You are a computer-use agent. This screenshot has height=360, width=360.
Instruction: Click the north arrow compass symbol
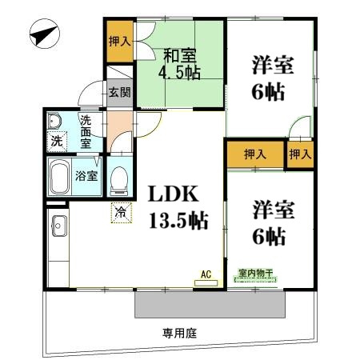[45, 34]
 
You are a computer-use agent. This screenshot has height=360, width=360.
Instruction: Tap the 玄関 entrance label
[120, 92]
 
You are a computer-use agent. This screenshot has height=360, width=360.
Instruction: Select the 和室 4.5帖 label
[179, 64]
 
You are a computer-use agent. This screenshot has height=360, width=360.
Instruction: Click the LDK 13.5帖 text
[178, 207]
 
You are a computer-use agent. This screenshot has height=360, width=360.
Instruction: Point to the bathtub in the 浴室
[60, 176]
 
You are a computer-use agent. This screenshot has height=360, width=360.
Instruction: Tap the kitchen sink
[59, 226]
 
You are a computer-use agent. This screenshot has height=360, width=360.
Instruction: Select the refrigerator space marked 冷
[122, 213]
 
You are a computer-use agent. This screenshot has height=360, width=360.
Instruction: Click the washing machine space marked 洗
[57, 142]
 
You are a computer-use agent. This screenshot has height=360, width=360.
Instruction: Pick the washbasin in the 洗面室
[54, 121]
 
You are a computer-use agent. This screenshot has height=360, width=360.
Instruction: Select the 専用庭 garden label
[179, 334]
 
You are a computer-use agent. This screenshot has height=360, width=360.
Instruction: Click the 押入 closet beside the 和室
[120, 42]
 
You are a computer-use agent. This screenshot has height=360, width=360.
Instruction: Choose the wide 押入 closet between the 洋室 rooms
[255, 154]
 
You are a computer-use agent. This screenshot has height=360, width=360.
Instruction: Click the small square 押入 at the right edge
[300, 154]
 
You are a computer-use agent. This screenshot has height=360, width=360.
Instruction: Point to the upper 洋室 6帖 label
[273, 78]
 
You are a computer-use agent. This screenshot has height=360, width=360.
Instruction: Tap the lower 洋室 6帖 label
[274, 223]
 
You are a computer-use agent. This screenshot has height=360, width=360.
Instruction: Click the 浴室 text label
[86, 176]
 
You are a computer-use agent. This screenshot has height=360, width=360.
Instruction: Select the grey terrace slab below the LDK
[210, 304]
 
